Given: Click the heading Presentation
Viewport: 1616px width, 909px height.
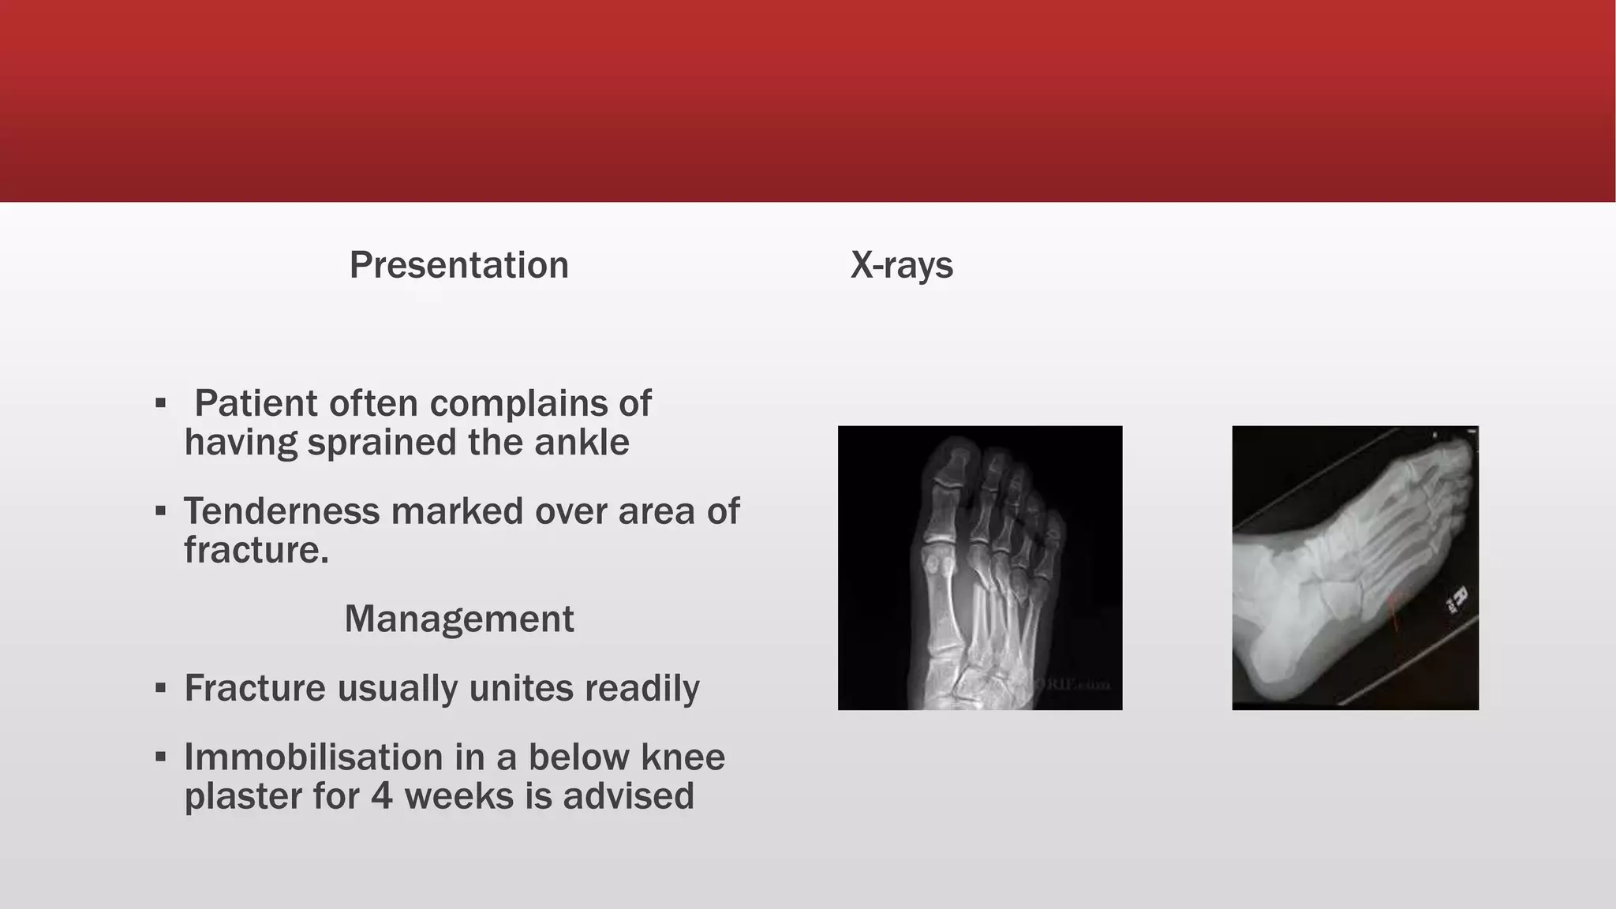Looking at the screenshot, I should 458,265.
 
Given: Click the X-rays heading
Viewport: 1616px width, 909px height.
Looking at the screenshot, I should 901,265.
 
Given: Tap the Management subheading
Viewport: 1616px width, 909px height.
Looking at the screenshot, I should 458,619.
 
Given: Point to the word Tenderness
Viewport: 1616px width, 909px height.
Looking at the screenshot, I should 282,511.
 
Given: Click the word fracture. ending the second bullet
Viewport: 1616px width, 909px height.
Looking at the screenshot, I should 256,550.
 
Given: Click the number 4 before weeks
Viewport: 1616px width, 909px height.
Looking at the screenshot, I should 381,796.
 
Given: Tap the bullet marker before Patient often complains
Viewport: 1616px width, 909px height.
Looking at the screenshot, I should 161,404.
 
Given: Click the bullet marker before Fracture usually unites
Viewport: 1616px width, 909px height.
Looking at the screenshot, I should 161,689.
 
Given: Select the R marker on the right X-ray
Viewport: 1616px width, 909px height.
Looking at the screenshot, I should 1457,600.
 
